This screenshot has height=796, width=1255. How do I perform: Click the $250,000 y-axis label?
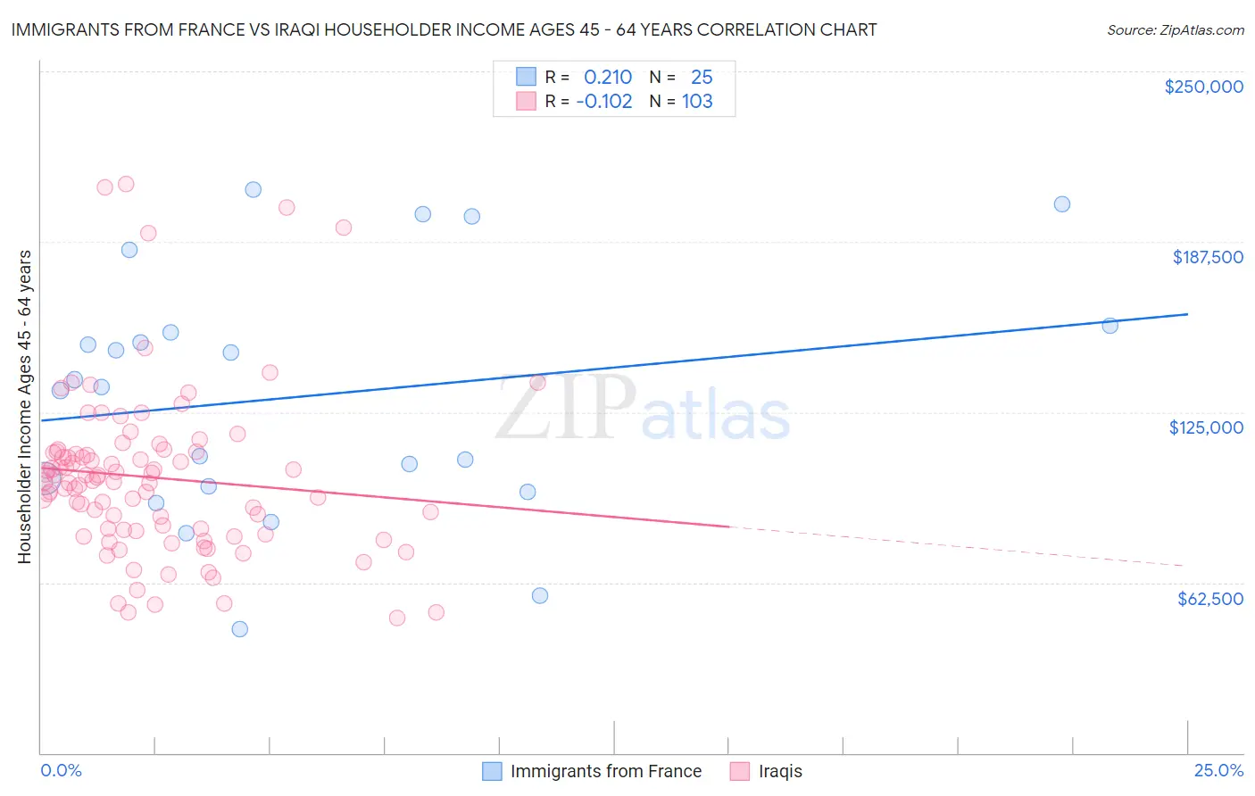tap(1203, 87)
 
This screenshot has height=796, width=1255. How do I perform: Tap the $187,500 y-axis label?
tap(1208, 257)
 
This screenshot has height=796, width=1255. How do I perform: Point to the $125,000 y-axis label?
tap(1206, 428)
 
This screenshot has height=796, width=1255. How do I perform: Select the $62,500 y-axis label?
tap(1210, 599)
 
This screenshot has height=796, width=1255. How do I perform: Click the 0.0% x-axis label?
tap(61, 770)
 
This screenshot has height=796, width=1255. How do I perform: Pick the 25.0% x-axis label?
tap(1218, 770)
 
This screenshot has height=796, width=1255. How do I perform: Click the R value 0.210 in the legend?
tap(607, 77)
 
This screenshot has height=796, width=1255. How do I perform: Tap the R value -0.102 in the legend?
tap(604, 102)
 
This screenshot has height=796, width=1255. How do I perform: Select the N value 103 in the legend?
tap(697, 102)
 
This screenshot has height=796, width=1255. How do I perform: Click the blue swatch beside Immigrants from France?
tap(492, 771)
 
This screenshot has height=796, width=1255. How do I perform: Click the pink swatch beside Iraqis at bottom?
tap(740, 771)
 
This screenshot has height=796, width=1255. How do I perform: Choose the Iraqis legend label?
tap(780, 771)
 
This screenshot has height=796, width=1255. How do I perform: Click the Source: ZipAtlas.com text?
tap(1176, 30)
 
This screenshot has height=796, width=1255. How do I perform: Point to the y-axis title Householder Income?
tap(24, 407)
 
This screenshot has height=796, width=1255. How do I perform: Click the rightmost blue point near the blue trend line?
tap(1110, 326)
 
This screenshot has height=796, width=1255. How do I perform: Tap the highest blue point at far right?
tap(1061, 204)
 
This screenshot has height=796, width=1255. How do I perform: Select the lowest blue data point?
tap(240, 629)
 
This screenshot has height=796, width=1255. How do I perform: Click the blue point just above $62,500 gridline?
tap(539, 595)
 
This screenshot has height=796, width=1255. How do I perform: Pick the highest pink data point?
tap(126, 184)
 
